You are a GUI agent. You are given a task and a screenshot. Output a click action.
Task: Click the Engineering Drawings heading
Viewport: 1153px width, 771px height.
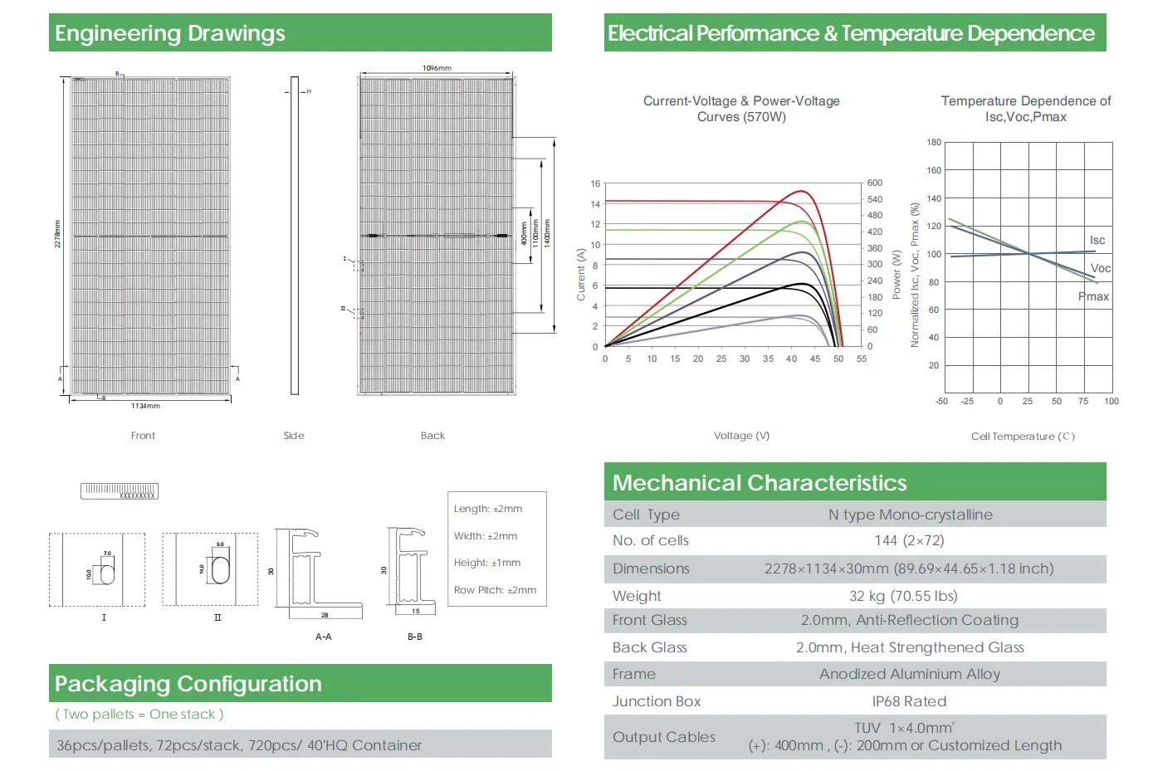pos(170,33)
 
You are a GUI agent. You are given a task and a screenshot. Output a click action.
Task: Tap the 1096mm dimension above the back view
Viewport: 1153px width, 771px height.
pos(437,68)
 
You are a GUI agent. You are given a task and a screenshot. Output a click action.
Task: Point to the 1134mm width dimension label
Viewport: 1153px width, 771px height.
pos(146,406)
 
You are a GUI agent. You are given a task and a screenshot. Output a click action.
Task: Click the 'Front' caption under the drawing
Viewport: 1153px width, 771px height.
pos(143,436)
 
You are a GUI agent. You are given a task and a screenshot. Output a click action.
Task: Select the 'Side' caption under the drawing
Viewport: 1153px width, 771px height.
pos(294,436)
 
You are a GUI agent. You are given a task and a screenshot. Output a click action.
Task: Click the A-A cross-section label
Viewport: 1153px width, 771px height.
pos(323,637)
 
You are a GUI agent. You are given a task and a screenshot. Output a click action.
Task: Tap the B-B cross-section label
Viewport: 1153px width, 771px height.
pos(415,637)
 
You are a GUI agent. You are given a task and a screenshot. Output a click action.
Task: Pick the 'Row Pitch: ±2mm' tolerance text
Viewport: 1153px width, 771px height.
pos(495,590)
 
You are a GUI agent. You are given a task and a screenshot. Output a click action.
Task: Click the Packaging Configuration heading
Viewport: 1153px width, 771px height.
pos(188,684)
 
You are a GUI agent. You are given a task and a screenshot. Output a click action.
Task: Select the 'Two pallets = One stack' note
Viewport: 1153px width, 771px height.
pos(139,715)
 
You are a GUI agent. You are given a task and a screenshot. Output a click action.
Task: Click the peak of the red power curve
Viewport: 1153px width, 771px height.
pos(802,192)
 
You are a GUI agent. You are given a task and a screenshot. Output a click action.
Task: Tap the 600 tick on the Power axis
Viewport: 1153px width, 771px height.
pos(875,183)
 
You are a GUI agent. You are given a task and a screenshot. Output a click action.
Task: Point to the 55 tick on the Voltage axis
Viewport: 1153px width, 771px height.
pos(862,359)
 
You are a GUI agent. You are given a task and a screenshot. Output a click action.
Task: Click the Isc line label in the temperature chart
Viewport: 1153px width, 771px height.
pos(1097,240)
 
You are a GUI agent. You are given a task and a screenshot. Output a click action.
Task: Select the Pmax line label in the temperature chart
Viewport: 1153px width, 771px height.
pos(1094,296)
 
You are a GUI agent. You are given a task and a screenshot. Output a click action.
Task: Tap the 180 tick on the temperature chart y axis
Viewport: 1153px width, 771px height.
pos(934,143)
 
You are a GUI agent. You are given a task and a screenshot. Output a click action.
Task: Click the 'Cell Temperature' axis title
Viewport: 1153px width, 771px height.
pos(1023,437)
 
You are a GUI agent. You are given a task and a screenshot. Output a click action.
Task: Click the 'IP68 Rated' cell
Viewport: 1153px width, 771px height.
pos(909,701)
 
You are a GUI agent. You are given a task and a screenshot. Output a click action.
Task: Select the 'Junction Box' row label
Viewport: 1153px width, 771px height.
pos(657,701)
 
